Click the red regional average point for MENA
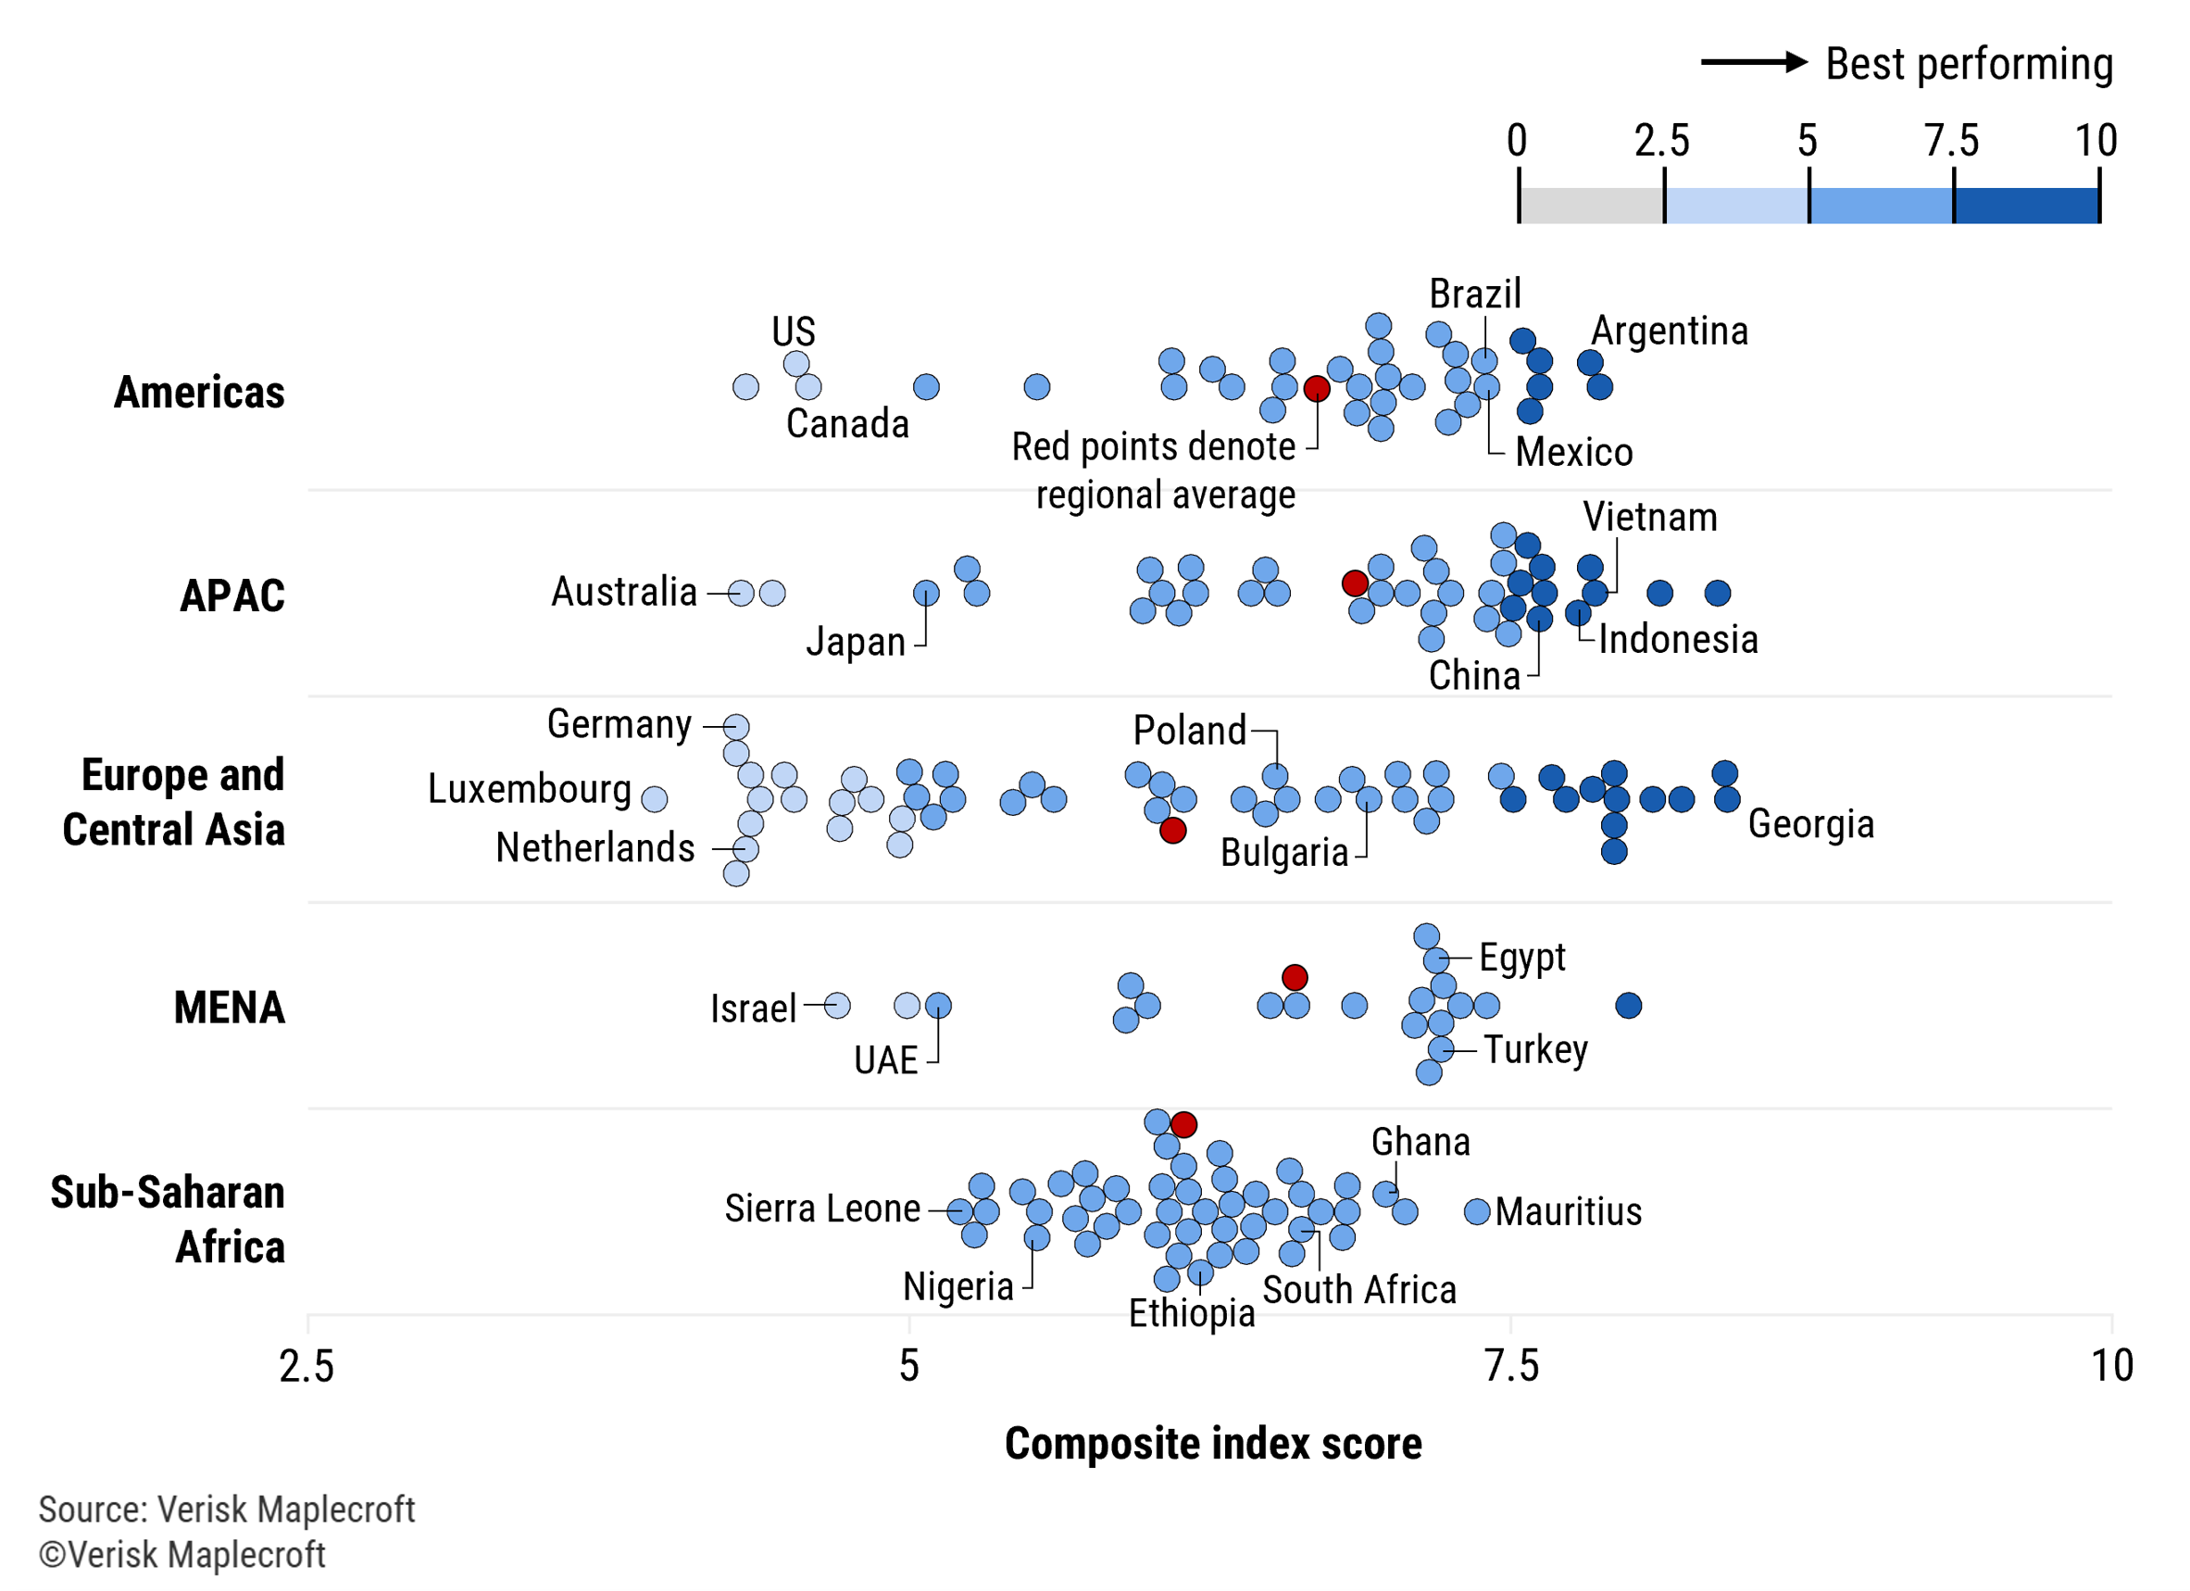point(1295,977)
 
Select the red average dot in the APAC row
point(1355,583)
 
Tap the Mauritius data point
point(1477,1211)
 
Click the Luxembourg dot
point(655,798)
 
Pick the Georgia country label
point(1810,823)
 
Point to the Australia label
point(624,592)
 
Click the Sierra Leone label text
point(821,1209)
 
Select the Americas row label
point(199,392)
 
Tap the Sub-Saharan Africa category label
point(167,1220)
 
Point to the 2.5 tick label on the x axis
point(307,1366)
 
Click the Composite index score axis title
point(1213,1445)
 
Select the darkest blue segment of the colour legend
point(2026,205)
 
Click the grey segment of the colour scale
point(1591,205)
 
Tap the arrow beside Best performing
point(1753,63)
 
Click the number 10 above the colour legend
point(2096,141)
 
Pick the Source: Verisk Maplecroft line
point(226,1509)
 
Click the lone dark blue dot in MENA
point(1628,1006)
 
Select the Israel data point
point(837,1006)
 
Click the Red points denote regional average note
point(1154,470)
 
